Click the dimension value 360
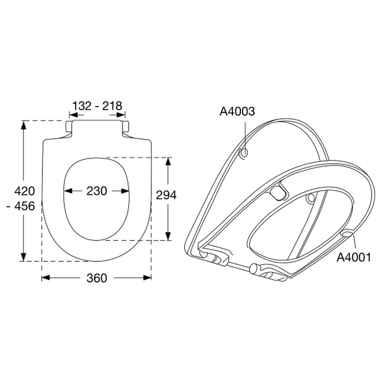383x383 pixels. [x=97, y=278]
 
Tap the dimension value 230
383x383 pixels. [x=97, y=191]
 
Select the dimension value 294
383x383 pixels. [x=166, y=195]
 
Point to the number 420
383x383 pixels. [x=24, y=191]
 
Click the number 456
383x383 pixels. [x=24, y=206]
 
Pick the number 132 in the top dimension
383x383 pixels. [x=82, y=106]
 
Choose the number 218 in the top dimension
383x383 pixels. [x=112, y=106]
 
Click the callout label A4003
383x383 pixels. [x=237, y=111]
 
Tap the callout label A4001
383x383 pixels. [x=354, y=257]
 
